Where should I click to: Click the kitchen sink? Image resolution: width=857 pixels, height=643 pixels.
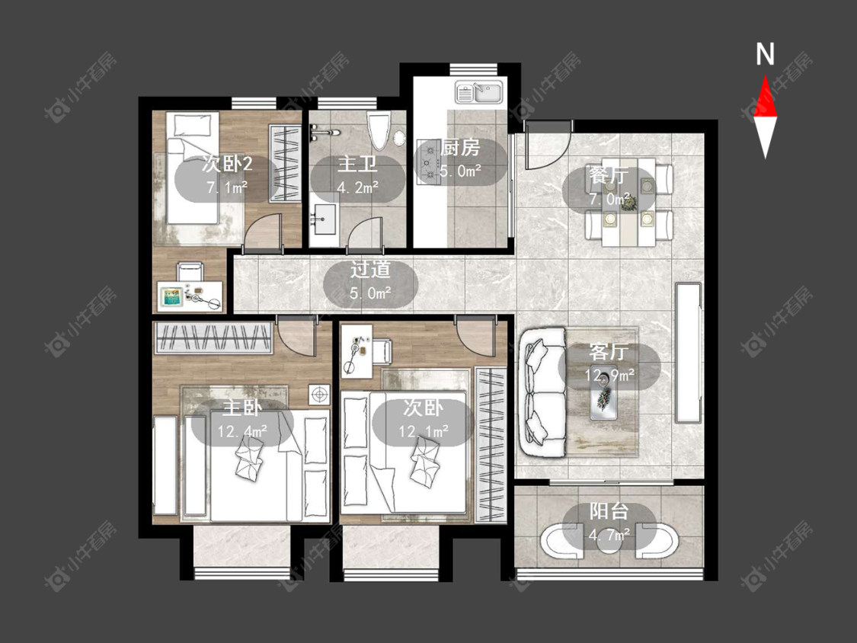coord(481,92)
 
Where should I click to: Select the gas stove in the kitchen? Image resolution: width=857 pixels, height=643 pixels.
coord(430,162)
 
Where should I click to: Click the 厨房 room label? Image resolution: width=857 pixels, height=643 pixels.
coord(460,148)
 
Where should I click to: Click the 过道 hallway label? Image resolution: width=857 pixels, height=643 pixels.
coord(370,270)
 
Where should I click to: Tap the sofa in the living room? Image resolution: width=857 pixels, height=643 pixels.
coord(542,392)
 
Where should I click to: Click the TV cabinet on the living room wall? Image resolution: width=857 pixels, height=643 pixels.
coord(688,353)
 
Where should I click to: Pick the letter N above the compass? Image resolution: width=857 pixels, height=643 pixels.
coord(765,55)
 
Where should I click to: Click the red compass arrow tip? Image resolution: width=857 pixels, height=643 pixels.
coord(765,75)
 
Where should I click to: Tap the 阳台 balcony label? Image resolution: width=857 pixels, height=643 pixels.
coord(609,512)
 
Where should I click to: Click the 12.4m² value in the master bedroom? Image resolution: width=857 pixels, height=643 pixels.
coord(242,432)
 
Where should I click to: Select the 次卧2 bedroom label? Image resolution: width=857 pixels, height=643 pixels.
coord(227,164)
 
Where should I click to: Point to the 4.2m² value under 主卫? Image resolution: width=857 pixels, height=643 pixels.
coord(358,188)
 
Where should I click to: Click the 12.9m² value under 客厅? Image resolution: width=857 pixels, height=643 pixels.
coord(609,376)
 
